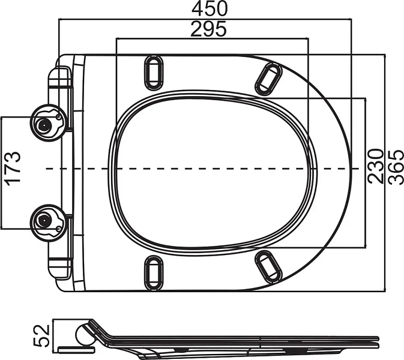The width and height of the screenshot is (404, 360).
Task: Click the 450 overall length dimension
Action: [x=210, y=8]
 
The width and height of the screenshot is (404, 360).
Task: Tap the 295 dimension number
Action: [x=208, y=28]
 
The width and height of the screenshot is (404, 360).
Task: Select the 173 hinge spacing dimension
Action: [x=13, y=169]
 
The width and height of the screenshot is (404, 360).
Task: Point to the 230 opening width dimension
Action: [x=375, y=166]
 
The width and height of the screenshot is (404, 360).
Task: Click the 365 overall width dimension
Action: [x=396, y=167]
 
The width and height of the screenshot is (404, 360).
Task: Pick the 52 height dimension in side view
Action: [x=41, y=336]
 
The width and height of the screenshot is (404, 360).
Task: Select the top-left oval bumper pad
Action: [x=154, y=73]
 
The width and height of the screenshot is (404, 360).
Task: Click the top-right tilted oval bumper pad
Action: [x=268, y=79]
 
